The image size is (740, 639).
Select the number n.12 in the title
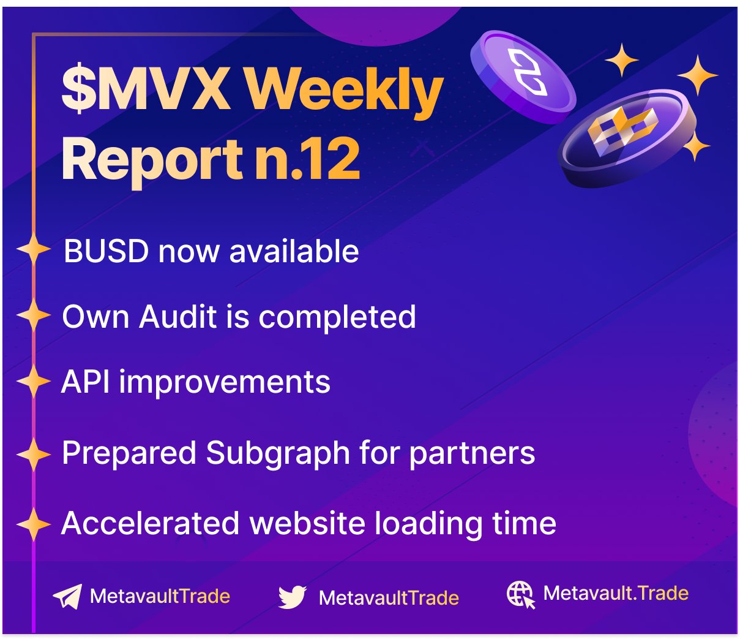coord(307,158)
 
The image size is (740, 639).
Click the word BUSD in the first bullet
coord(106,251)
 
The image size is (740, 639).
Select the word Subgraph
coord(278,454)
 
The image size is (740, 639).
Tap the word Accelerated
coord(150,523)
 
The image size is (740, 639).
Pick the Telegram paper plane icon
coord(68,596)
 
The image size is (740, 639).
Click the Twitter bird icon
coord(292,597)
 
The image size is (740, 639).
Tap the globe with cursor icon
coord(520,594)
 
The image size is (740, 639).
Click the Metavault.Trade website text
coord(616,594)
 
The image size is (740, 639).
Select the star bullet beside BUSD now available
coord(34,248)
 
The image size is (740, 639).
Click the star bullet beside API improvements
coord(34,381)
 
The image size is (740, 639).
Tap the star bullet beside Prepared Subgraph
coord(34,454)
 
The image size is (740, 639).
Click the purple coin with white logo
coord(523,77)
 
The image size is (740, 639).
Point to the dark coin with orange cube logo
coord(627,138)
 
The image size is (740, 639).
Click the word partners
coord(472,454)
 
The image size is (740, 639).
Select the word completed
coord(337,317)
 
